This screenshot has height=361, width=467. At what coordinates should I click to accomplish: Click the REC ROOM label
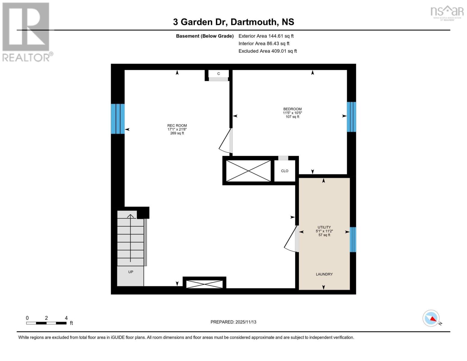pos(177,126)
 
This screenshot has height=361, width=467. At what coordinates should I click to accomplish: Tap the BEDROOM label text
pos(292,109)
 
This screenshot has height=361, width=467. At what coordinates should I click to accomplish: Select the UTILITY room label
pos(324,227)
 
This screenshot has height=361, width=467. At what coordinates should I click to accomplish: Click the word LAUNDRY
pos(324,274)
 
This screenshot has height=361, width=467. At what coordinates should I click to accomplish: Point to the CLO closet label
pos(284,171)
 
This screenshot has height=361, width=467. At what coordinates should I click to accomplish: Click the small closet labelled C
pos(219,74)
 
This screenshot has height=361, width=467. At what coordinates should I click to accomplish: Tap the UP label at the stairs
pos(131,272)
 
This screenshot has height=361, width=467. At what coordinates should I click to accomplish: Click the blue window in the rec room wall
pos(118,119)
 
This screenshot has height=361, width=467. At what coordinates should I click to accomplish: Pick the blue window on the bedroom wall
pos(351,117)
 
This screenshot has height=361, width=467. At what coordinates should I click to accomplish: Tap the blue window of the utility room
pos(353,239)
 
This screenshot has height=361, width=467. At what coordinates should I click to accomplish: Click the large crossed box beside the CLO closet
pos(248,171)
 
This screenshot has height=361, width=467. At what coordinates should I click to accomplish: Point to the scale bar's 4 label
pos(66,318)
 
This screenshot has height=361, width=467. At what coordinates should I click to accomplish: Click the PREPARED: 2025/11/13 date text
pos(233,322)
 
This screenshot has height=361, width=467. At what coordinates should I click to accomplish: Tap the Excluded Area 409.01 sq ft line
pos(268,51)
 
